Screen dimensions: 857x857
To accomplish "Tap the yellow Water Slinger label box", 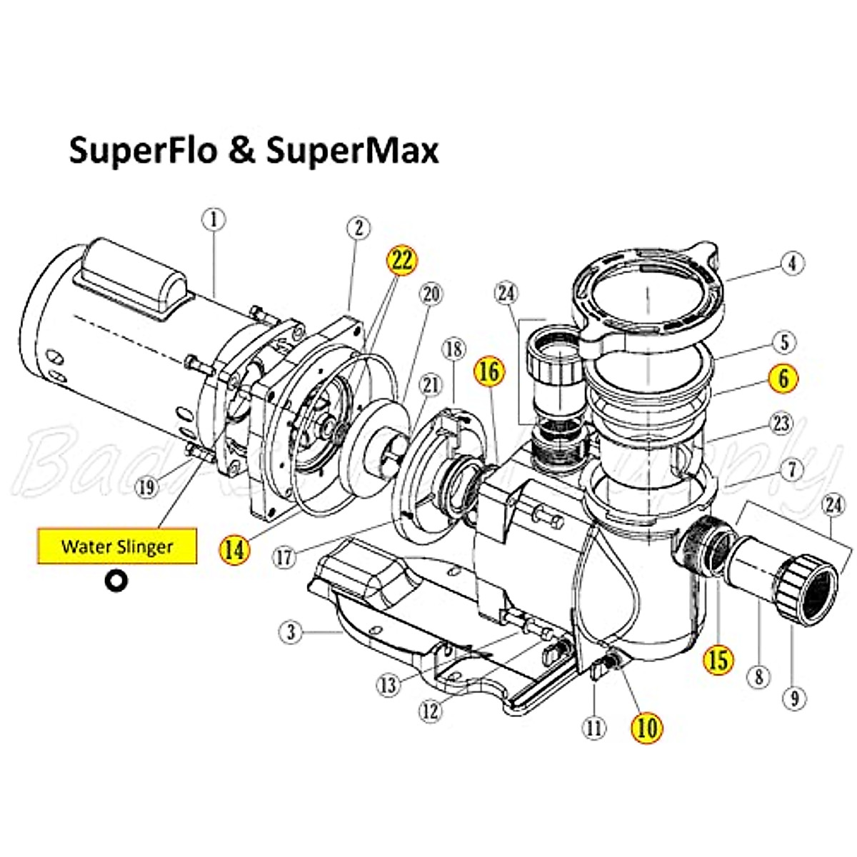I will click(117, 546).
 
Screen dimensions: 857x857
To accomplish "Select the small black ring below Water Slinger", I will click(116, 581).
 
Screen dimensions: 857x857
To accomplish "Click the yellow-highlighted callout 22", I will click(402, 261).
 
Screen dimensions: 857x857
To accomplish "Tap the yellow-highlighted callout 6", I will click(783, 379).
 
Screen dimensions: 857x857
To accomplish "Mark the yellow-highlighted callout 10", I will click(646, 728).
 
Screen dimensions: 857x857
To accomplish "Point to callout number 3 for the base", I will click(291, 632).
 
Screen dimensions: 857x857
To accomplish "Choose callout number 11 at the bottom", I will click(594, 728).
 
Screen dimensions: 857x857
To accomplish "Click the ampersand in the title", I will click(243, 152).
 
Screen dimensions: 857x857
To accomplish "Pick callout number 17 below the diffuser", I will click(284, 556).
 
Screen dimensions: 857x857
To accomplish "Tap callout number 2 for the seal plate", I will click(359, 228).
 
